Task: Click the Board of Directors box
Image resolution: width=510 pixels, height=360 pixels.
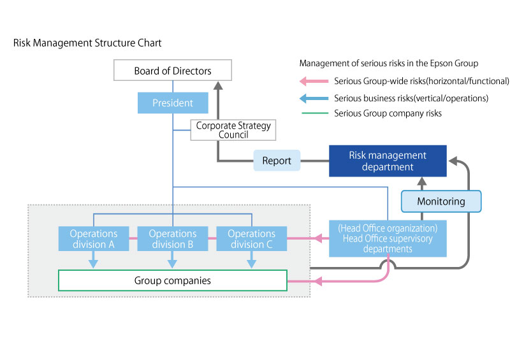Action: (x=173, y=70)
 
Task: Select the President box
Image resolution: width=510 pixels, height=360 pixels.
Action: (x=173, y=103)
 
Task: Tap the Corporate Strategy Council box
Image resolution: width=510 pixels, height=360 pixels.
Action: (x=233, y=130)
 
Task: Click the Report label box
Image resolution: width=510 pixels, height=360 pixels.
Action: (x=276, y=161)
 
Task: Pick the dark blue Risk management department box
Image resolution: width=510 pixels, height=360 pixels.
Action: (x=388, y=161)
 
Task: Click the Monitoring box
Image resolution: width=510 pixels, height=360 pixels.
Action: (x=441, y=201)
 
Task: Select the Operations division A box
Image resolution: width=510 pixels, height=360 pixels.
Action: (x=93, y=239)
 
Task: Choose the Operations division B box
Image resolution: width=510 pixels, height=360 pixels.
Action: (x=172, y=239)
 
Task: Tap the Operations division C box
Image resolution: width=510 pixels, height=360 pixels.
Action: (x=251, y=239)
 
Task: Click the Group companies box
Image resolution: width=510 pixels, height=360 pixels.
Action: (x=173, y=280)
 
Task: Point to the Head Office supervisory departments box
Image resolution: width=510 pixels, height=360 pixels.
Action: (x=388, y=239)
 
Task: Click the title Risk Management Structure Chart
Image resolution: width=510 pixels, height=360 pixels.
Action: (x=87, y=43)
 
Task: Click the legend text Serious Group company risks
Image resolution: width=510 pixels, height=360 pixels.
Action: (x=388, y=113)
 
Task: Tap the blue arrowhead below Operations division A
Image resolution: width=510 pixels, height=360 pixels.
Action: (x=93, y=262)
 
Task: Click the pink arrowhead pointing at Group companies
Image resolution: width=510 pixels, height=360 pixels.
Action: (x=294, y=280)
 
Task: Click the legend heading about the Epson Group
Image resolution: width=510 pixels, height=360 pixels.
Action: (x=388, y=64)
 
